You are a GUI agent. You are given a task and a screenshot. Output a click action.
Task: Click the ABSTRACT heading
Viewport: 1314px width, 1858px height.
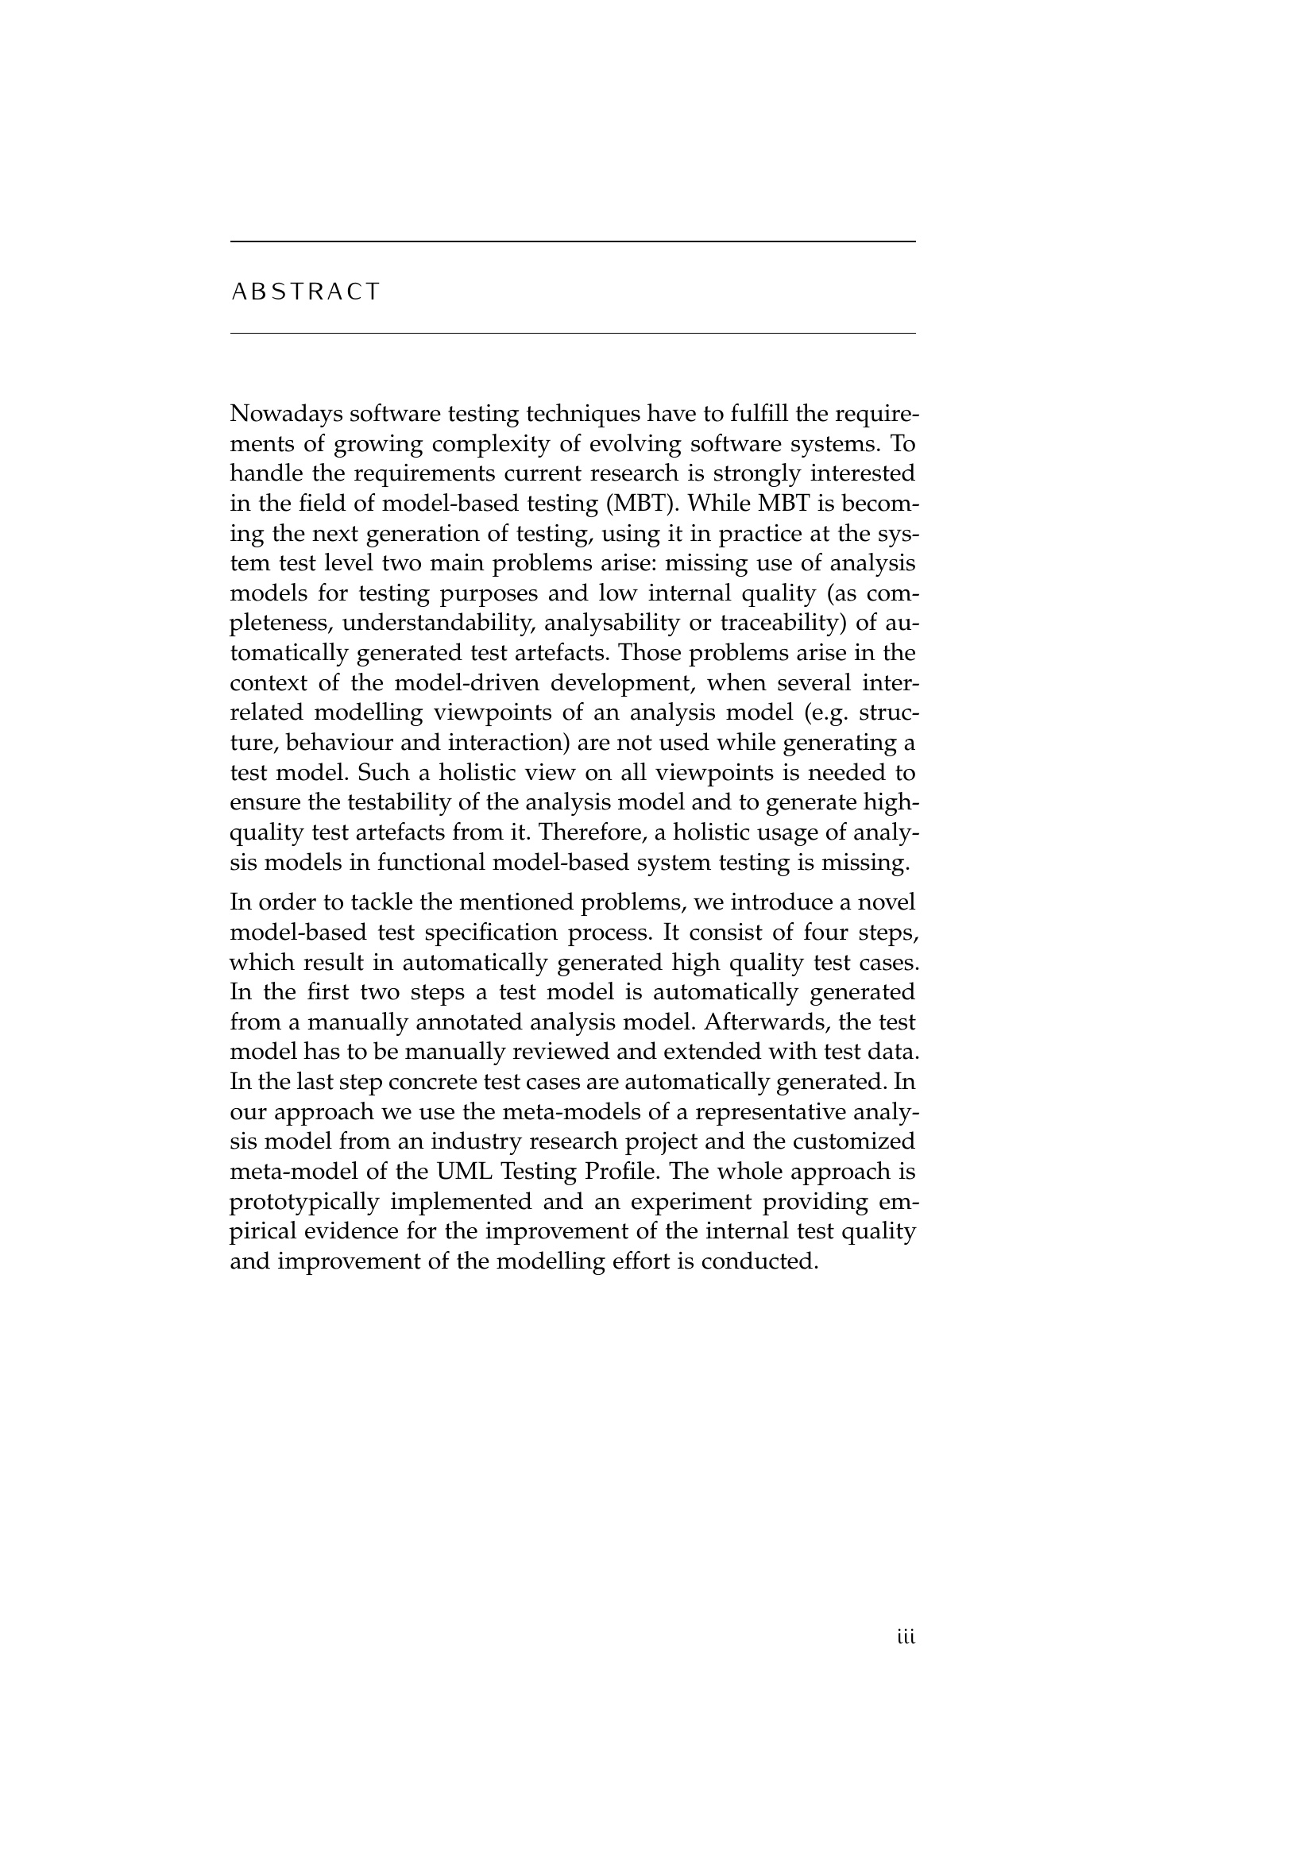(305, 292)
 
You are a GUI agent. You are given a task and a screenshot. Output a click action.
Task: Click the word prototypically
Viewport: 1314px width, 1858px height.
(304, 1203)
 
